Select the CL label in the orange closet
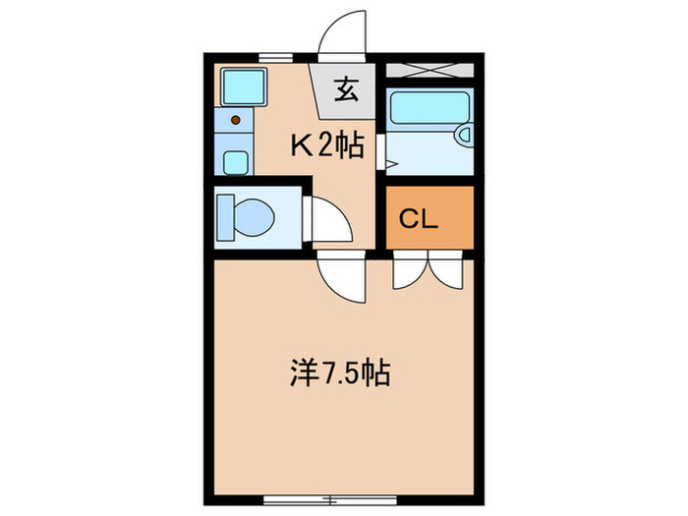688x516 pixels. point(419,219)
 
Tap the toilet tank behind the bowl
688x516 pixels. point(224,216)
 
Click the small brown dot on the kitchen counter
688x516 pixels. point(235,120)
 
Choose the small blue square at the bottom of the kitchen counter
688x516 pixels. point(235,161)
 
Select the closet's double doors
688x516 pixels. point(428,271)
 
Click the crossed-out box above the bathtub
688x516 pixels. point(430,70)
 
